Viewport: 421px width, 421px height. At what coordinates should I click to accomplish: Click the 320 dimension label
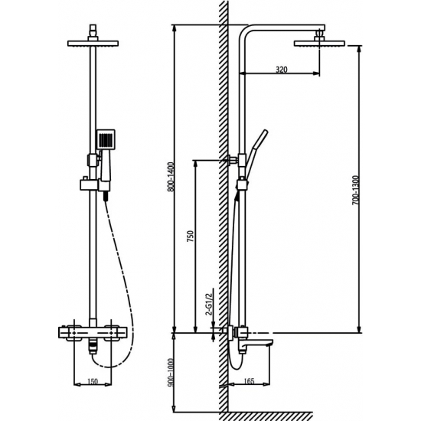(280, 69)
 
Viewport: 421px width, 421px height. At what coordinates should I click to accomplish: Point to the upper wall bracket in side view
(230, 160)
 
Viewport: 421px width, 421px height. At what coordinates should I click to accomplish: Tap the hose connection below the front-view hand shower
(103, 197)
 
